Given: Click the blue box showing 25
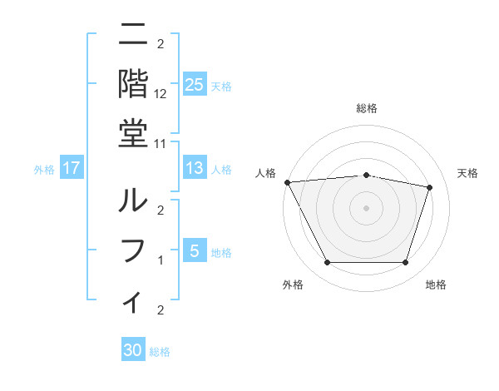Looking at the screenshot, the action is [194, 85].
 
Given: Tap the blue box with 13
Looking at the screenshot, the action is [194, 169].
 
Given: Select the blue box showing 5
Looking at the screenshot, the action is [194, 251].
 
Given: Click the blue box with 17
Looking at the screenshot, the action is [72, 169].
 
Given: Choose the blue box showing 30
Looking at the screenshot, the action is [133, 350].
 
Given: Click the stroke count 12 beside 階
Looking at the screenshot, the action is [161, 94].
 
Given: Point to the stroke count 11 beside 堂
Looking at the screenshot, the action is [161, 144].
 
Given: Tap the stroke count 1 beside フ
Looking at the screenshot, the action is [161, 260].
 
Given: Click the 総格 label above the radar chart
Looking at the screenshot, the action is [367, 108].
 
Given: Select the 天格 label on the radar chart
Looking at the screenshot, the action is [468, 173].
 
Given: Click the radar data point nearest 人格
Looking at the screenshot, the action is [288, 182].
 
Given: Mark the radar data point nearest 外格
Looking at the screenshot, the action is [327, 263].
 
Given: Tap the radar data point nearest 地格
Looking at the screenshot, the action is [406, 263].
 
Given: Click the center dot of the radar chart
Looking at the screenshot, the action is [367, 207].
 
